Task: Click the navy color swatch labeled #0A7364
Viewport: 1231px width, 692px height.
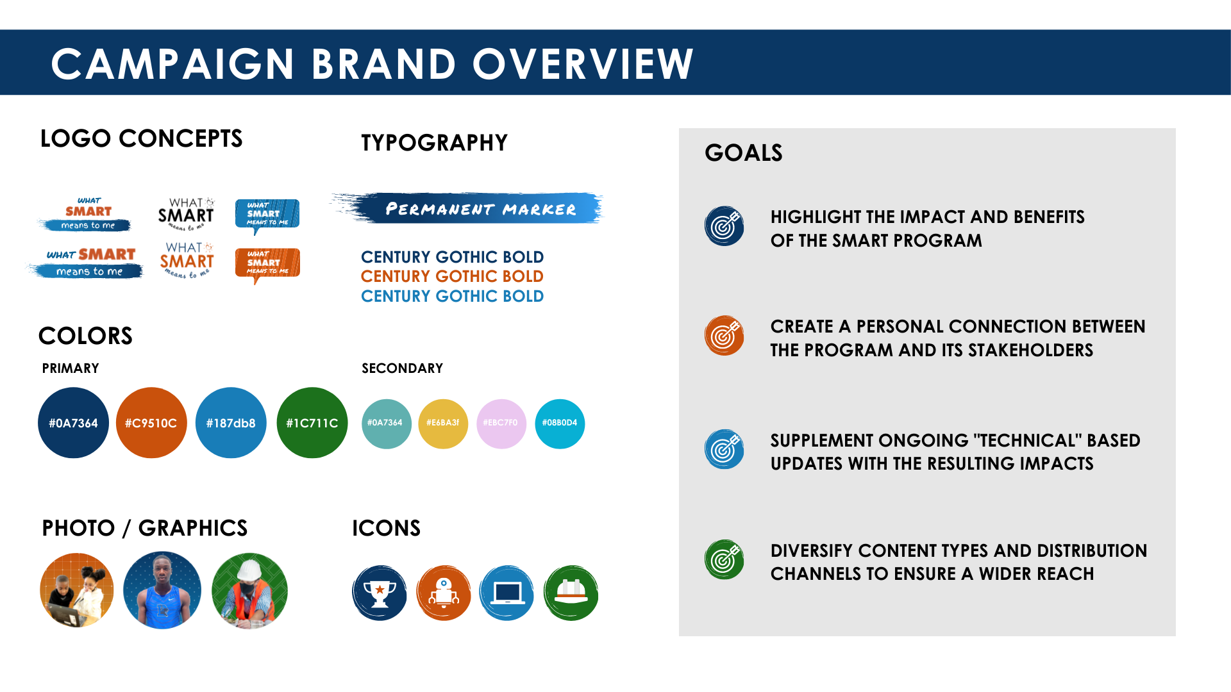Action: tap(73, 423)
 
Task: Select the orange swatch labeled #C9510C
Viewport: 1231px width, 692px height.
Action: tap(151, 423)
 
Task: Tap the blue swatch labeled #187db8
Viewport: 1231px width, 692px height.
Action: tap(231, 423)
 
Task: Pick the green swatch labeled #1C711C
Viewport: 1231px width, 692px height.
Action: tap(312, 423)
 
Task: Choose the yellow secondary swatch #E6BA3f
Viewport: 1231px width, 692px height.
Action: tap(443, 424)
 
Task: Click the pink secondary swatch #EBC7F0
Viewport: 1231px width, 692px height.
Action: tap(501, 424)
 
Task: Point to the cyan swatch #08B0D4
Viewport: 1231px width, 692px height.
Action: tap(560, 424)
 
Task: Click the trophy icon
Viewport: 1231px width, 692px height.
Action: tap(380, 593)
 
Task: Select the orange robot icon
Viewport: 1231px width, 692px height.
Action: tap(444, 593)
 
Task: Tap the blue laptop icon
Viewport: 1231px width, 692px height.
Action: tap(507, 593)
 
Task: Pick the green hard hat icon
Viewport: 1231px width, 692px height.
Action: tap(571, 593)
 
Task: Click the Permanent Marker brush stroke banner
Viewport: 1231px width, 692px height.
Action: tap(468, 208)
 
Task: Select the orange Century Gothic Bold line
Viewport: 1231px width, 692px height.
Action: tap(452, 276)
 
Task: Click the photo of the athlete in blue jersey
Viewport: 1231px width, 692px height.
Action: tap(162, 590)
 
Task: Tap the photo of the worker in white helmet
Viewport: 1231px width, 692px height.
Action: tap(249, 591)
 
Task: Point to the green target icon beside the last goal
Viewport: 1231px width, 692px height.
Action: tap(724, 559)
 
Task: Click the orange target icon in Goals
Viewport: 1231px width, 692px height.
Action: tap(724, 335)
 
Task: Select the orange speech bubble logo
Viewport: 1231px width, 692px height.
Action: tap(267, 265)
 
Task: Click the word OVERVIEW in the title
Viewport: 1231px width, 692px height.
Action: tap(583, 64)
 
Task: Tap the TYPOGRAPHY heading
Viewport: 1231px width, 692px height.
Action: tap(434, 142)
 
